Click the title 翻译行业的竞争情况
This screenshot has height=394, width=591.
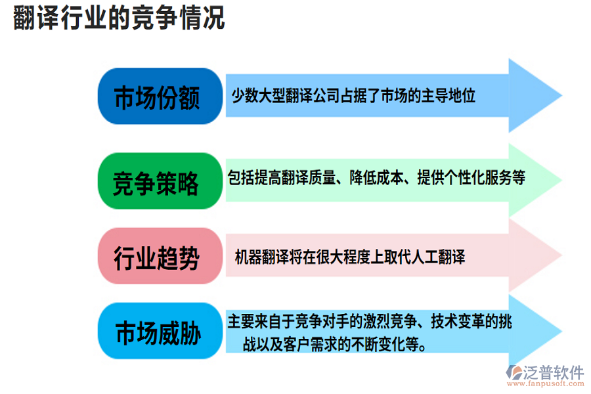[x=119, y=18]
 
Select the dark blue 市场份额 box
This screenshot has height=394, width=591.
[x=158, y=97]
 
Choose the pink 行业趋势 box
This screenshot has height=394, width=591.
[x=158, y=257]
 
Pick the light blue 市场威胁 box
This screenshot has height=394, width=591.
[x=158, y=332]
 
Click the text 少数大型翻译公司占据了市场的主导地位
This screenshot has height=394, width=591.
[x=353, y=96]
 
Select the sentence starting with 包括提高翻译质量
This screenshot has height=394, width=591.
[x=376, y=177]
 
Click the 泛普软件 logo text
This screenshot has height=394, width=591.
[x=554, y=373]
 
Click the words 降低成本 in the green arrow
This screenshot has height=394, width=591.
[x=379, y=177]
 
